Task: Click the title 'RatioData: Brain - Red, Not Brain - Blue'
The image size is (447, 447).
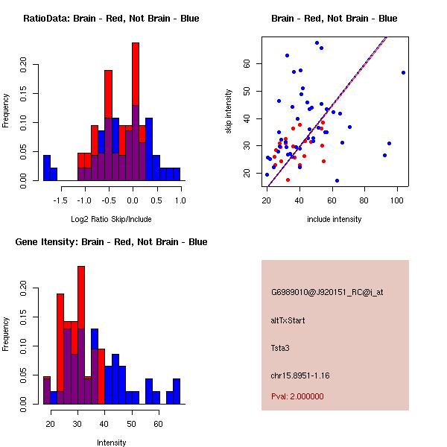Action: click(x=111, y=19)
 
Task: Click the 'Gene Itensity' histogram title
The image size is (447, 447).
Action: click(x=111, y=242)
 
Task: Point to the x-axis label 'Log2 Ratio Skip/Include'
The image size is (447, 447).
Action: click(x=111, y=218)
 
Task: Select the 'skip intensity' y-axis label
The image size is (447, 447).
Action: click(x=229, y=112)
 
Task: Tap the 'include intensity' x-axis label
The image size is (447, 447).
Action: click(x=335, y=218)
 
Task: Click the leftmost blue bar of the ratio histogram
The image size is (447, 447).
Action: click(x=47, y=168)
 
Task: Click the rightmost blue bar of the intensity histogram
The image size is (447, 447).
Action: click(x=177, y=390)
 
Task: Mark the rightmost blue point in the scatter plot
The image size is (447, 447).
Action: click(x=403, y=72)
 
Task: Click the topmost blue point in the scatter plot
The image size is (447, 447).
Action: click(x=317, y=43)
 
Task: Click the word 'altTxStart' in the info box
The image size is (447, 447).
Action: click(x=288, y=320)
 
